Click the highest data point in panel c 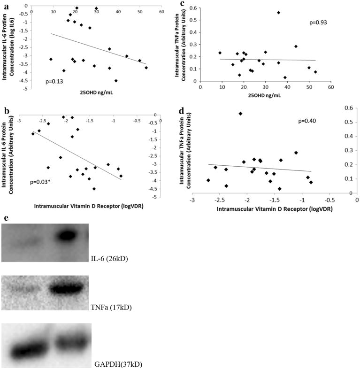(x=278, y=13)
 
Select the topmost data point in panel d (x=240, y=113)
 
